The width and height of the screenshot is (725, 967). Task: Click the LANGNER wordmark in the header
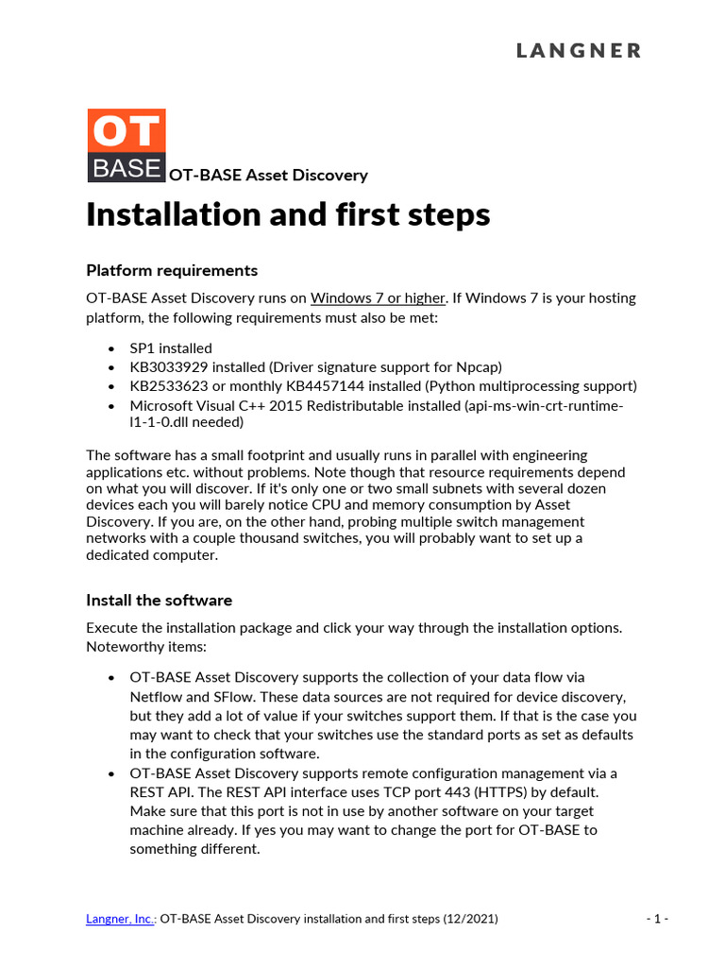[578, 51]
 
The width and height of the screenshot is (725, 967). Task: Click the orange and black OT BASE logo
[126, 145]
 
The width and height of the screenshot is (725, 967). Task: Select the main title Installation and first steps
[288, 215]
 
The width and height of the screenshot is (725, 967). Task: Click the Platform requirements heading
[172, 270]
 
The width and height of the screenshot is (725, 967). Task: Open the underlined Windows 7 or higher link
[378, 298]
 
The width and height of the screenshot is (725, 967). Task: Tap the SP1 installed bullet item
[171, 348]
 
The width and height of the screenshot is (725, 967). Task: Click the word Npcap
[479, 367]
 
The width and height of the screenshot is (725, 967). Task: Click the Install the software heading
[159, 601]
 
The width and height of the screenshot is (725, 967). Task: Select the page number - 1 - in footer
[658, 918]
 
